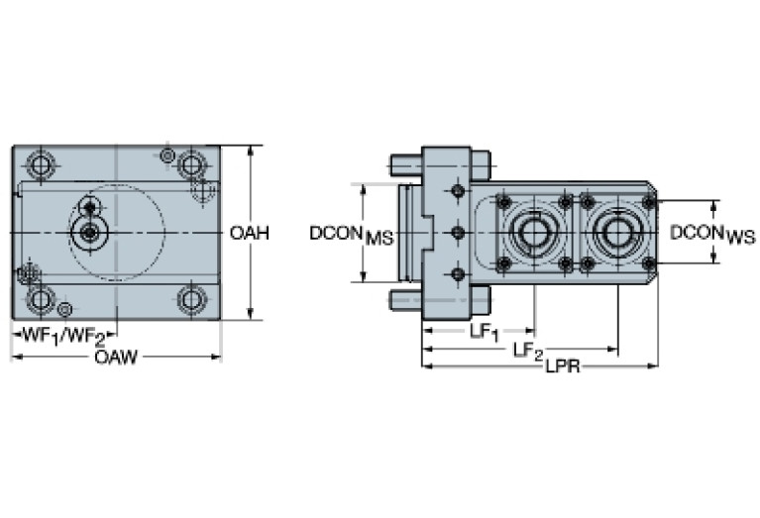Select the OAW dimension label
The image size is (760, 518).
tap(115, 357)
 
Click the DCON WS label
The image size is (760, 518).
tap(711, 234)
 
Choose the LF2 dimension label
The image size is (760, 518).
tap(528, 351)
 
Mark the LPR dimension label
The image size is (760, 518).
tap(562, 367)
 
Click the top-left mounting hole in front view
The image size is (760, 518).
tap(40, 162)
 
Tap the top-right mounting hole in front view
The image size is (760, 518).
tap(191, 162)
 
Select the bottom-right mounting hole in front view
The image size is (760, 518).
tap(191, 297)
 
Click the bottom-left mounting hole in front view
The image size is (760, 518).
tap(40, 297)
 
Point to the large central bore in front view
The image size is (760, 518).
tap(90, 233)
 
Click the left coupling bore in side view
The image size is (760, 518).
tap(534, 233)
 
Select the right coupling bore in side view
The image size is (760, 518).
tap(618, 233)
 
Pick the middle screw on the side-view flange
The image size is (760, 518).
tap(457, 233)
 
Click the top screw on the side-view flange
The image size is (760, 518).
tap(457, 191)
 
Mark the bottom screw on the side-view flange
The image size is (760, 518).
tap(457, 274)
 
